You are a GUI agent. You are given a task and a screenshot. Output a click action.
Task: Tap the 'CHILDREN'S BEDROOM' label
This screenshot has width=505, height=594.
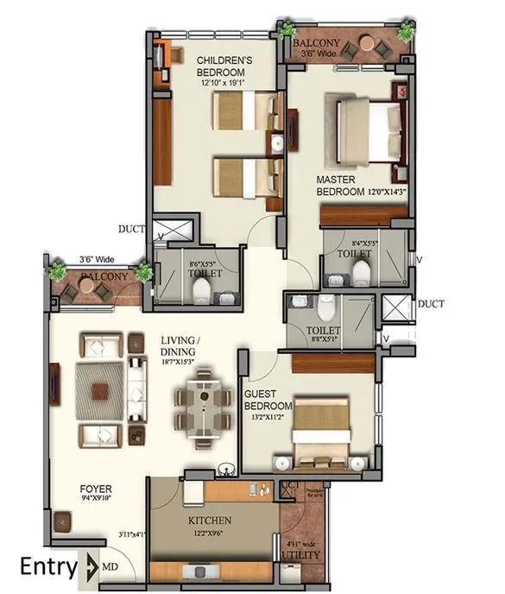(x=224, y=66)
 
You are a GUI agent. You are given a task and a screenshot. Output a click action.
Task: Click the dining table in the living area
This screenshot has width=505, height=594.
(x=204, y=401)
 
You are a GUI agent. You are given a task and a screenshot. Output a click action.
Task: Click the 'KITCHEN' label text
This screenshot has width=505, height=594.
(x=210, y=521)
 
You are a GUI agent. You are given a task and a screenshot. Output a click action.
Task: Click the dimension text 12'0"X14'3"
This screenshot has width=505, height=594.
(x=387, y=191)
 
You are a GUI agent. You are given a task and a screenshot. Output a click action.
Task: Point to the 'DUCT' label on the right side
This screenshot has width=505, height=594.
(x=430, y=304)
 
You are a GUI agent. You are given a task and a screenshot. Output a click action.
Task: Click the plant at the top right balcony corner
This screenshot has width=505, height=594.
(x=404, y=33)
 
